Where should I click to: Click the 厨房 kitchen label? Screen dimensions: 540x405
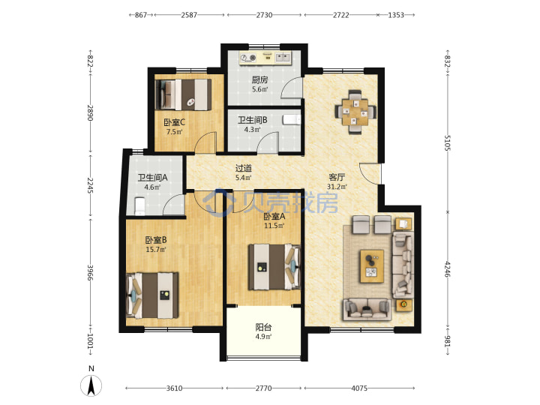(x=259, y=80)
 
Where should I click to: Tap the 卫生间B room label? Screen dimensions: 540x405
(x=253, y=120)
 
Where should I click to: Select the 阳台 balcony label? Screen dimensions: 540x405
(x=263, y=327)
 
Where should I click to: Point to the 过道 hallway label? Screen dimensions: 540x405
(x=244, y=168)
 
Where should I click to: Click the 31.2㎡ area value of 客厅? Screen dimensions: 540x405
(x=337, y=187)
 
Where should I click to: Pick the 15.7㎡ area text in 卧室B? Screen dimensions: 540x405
(x=156, y=249)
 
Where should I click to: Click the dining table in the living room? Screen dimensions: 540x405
(x=355, y=112)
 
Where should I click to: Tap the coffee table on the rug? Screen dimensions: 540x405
(x=372, y=266)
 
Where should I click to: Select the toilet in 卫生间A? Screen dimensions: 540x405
(x=139, y=206)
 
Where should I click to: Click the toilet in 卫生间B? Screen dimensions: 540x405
(x=292, y=119)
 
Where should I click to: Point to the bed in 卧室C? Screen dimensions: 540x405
(x=183, y=94)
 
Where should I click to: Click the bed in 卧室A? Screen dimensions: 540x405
(x=274, y=267)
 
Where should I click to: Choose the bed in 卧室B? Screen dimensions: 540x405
(x=152, y=295)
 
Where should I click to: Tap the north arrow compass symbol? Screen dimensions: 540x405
(x=91, y=385)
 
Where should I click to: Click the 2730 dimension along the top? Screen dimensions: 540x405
(x=264, y=15)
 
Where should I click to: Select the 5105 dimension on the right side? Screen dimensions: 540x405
(x=447, y=142)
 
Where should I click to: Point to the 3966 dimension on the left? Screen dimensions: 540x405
(x=90, y=272)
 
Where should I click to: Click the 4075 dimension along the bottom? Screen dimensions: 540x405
(x=359, y=388)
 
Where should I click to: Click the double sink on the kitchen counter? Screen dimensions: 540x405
(x=283, y=57)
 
